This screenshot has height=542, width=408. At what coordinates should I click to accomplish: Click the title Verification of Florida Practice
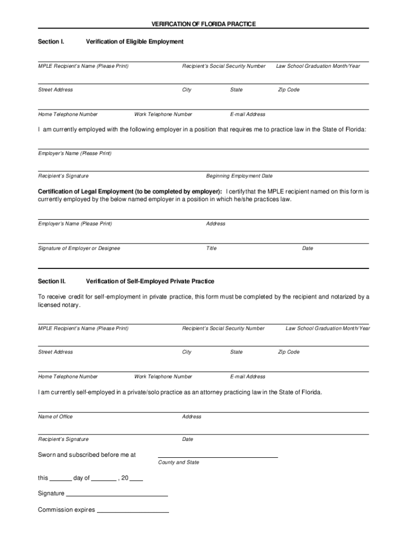203,24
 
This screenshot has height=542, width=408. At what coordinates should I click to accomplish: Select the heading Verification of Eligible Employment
135,41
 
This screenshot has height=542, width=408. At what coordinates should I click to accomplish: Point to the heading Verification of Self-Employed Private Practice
150,281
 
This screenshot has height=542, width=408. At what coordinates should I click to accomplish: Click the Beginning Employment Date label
239,176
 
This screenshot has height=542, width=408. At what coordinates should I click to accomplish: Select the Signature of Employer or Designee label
79,248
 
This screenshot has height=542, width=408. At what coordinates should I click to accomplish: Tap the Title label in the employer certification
211,248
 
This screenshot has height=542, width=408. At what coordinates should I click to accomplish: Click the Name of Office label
55,417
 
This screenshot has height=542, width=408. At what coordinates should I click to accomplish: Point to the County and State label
179,462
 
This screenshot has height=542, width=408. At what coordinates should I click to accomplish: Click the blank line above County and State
218,456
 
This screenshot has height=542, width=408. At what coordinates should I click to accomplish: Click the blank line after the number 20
136,480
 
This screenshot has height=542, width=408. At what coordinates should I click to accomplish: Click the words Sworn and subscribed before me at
87,455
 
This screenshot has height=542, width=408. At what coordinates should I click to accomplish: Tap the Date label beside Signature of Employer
307,248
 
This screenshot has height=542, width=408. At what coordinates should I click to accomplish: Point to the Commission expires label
66,510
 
